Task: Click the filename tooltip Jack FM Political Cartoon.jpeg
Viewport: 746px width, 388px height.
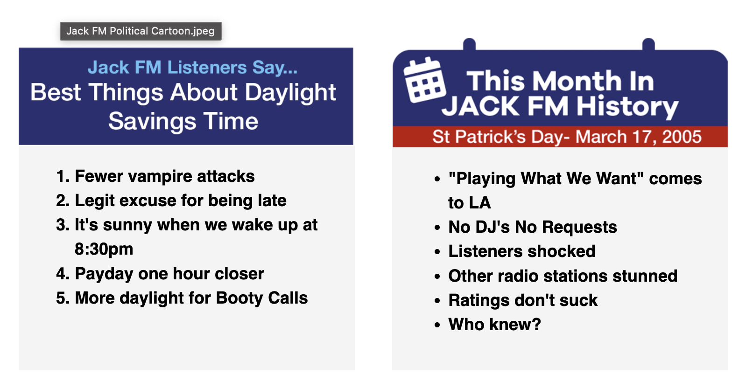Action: click(141, 31)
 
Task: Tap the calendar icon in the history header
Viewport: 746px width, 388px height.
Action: click(425, 80)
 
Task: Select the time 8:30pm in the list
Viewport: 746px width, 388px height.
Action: click(104, 249)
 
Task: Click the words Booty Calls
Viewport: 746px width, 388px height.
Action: click(262, 298)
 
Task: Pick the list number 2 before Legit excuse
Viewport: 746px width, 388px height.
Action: click(63, 201)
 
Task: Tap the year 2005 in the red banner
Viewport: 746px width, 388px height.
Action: click(682, 137)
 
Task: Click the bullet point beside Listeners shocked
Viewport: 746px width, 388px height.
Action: click(437, 252)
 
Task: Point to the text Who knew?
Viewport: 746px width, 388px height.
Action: click(494, 325)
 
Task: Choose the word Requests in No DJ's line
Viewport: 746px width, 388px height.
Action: click(579, 227)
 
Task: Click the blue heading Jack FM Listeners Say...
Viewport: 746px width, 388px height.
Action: click(192, 67)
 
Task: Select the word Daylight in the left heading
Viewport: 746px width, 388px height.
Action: click(290, 92)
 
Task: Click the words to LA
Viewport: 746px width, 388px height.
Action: click(469, 203)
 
